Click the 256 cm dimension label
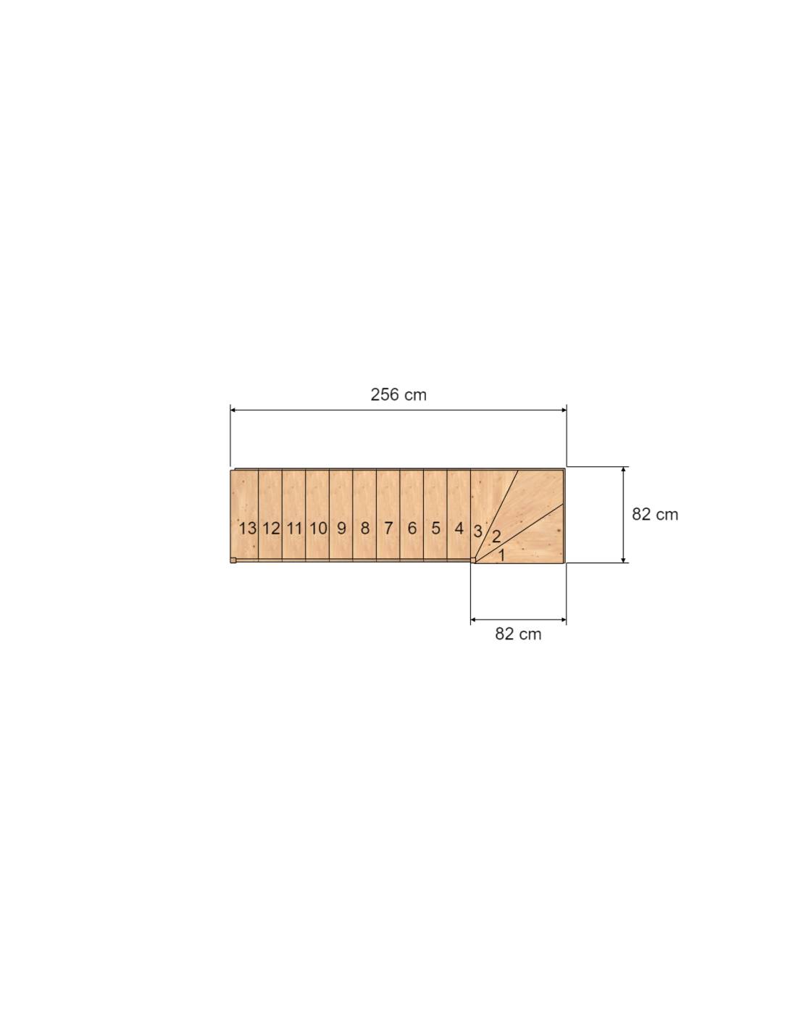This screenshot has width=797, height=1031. click(398, 394)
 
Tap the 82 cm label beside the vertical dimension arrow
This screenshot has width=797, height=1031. click(655, 514)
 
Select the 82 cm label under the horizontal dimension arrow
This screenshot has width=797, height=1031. click(518, 634)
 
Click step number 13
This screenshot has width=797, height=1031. click(247, 528)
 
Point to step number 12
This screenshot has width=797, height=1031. click(271, 528)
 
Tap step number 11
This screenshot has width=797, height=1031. click(294, 528)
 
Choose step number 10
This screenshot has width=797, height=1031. click(318, 528)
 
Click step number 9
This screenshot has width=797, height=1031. click(341, 528)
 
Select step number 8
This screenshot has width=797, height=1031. click(365, 528)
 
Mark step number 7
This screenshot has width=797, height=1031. click(388, 528)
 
